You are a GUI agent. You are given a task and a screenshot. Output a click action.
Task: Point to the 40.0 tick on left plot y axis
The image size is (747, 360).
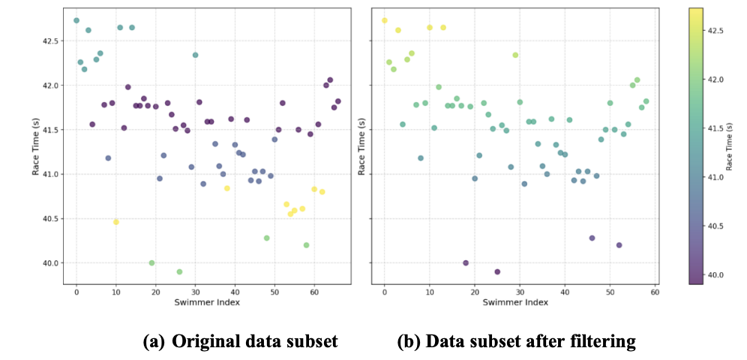point(50,263)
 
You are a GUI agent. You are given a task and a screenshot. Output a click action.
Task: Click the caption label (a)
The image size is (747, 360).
point(154,341)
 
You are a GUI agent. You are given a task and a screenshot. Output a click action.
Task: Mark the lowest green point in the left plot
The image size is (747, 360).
point(179,271)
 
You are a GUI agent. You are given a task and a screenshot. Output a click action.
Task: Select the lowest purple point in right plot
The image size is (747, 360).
point(497,271)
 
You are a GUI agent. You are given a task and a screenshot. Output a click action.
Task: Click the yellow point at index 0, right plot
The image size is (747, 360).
point(385,20)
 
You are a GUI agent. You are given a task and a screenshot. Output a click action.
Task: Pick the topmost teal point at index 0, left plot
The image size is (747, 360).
point(76,20)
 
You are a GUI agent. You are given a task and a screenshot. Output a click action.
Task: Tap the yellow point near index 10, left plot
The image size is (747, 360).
point(116,222)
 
